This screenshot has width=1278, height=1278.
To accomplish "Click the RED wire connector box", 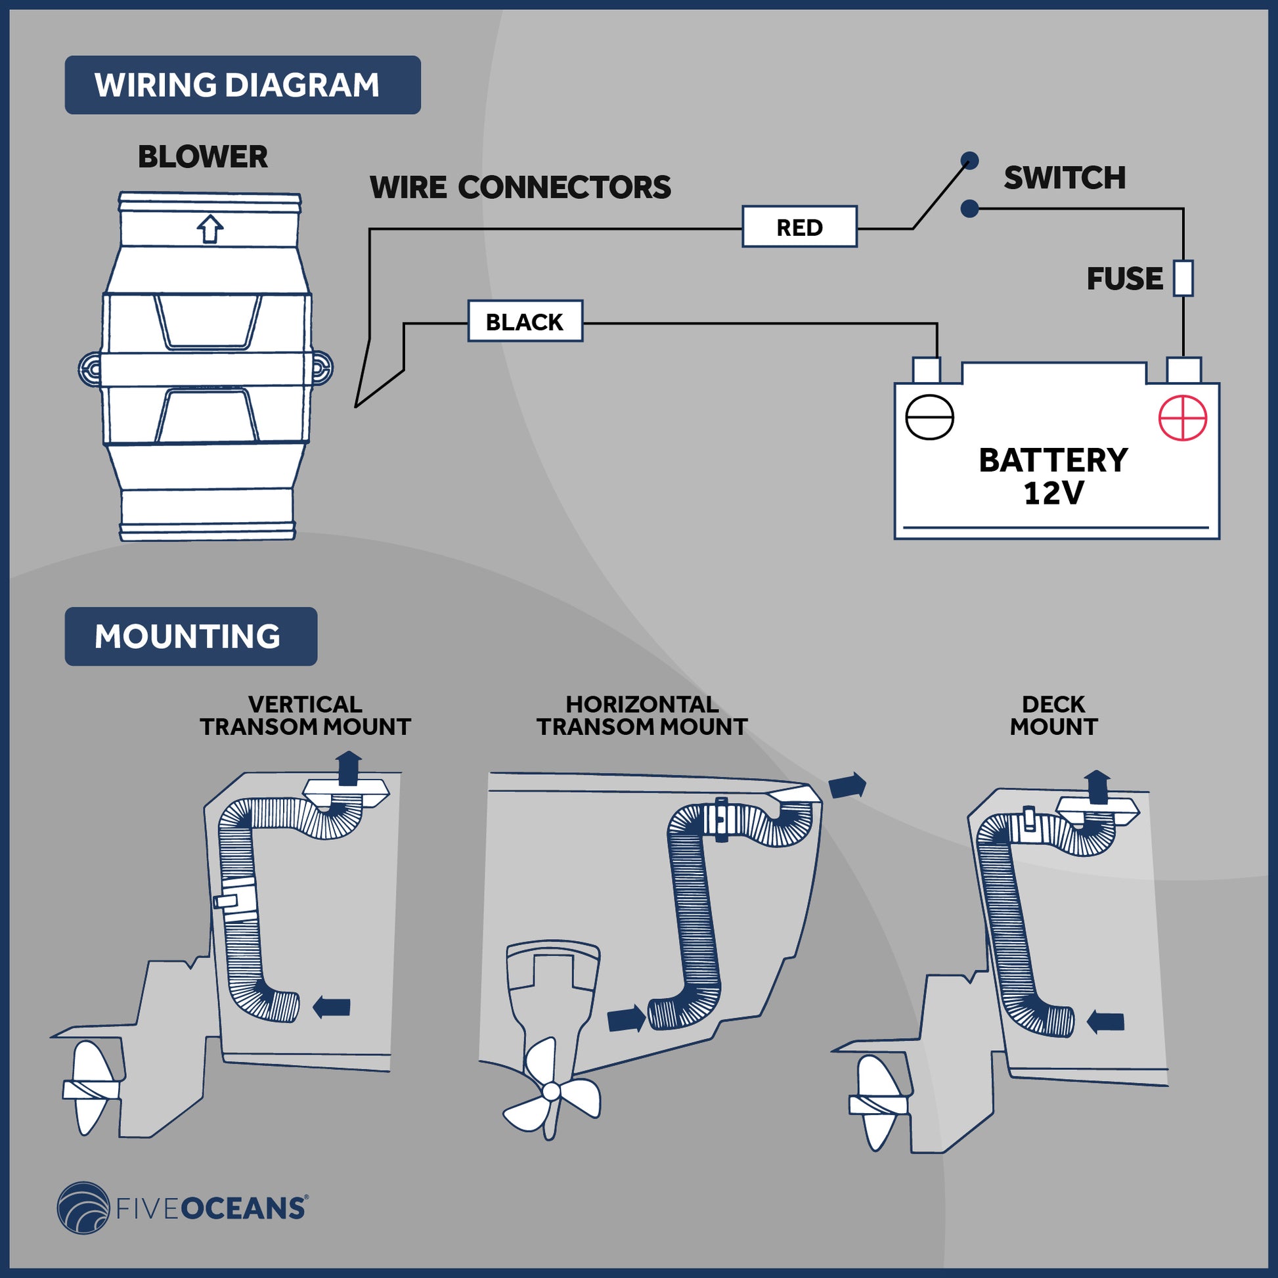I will [799, 227].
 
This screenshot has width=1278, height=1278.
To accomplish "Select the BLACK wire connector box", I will [525, 322].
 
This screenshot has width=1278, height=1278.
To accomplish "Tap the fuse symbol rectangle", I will [1183, 278].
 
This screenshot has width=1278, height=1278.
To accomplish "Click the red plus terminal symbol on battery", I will [1183, 418].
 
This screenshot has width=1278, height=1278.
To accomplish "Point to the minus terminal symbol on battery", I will [929, 418].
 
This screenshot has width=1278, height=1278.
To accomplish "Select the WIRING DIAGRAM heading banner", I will [242, 85].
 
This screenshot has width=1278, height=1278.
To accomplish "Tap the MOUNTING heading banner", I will [190, 636].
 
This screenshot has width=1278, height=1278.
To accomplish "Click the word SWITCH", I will [1065, 178].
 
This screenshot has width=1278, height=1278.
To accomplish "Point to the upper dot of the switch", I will [969, 160].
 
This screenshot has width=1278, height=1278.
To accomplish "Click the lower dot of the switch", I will [969, 209].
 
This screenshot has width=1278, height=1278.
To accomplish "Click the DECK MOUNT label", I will [1053, 715].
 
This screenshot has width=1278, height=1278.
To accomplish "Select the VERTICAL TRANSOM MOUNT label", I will [305, 715].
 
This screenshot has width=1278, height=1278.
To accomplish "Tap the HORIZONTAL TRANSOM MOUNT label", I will [642, 715].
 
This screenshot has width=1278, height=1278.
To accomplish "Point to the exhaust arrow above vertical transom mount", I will [349, 767].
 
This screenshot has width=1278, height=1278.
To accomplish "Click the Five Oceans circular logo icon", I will [83, 1208].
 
